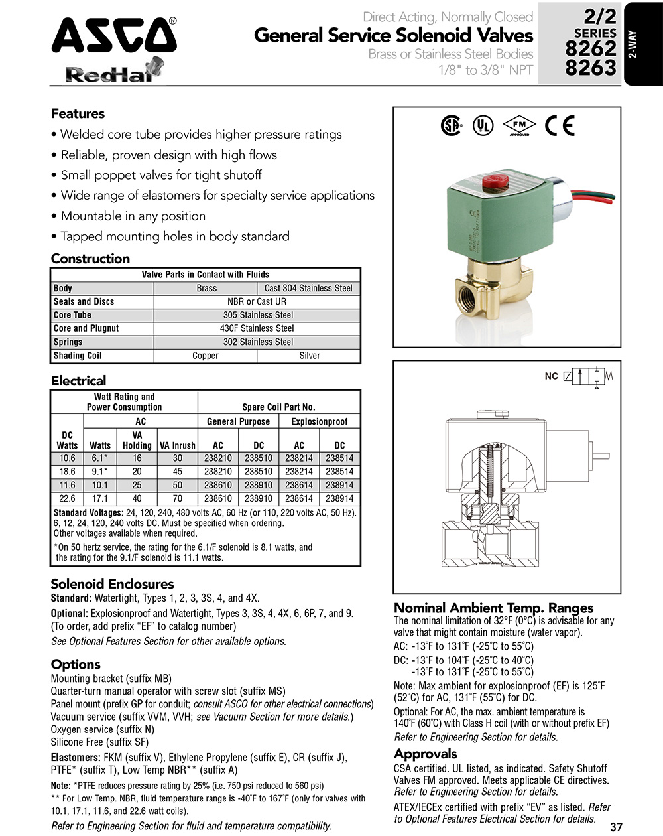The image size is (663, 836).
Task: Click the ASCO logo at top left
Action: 114,36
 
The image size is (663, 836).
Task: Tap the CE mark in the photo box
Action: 560,125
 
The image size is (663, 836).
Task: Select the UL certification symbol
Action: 483,125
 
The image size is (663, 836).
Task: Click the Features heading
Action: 78,113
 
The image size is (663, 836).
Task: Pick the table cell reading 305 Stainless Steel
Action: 258,315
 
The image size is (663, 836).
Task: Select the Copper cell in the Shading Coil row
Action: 206,356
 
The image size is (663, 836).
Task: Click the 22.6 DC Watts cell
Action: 67,498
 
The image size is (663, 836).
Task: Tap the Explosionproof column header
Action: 320,421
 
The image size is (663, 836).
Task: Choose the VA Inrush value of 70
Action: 178,498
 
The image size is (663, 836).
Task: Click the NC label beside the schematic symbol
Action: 551,376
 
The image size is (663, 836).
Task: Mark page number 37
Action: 616,827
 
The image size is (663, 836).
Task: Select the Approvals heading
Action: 425,754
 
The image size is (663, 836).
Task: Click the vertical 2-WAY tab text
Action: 633,45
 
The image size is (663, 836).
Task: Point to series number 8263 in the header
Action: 590,67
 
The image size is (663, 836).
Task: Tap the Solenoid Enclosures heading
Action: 112,584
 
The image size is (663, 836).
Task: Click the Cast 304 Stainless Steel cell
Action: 308,288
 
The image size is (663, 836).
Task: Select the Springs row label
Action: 68,342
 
